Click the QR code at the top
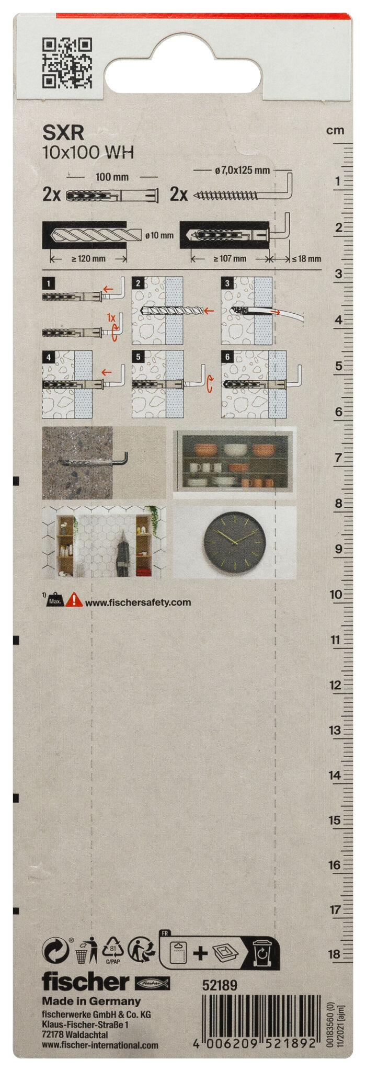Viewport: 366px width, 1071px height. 67,63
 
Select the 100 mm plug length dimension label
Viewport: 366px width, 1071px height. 112,177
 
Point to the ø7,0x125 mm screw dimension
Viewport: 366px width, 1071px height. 242,170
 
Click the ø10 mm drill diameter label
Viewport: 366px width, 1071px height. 159,235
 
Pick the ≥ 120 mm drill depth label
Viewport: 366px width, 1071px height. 88,258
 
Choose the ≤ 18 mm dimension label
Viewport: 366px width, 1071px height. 306,258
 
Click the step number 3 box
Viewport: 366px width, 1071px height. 227,283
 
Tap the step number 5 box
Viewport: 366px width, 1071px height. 138,357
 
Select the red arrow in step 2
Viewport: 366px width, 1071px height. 209,311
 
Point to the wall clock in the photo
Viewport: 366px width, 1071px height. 235,542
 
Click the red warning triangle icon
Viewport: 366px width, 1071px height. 74,599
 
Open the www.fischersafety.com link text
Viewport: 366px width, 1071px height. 138,602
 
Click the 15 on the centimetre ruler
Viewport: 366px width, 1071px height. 335,821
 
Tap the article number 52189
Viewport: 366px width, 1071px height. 220,986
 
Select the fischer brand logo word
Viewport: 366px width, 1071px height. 85,982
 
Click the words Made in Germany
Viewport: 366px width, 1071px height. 92,1001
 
